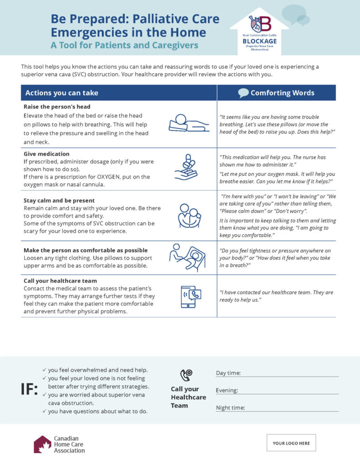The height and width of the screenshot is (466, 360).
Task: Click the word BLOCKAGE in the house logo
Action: [259, 41]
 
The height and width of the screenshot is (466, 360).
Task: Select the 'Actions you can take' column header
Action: [62, 93]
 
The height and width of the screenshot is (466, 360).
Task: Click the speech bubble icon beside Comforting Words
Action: [243, 93]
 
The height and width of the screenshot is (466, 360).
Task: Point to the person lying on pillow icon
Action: [188, 122]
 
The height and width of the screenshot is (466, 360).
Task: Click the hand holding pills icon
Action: [187, 167]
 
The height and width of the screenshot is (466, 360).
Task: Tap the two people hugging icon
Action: [188, 215]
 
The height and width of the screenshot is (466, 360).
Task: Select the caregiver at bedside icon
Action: [188, 258]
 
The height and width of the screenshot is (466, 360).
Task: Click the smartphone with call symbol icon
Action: [190, 296]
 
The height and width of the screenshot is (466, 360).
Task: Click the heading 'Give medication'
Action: [47, 154]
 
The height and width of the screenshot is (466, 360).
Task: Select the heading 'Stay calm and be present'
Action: [59, 200]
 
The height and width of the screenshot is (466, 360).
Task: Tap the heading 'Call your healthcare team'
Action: [60, 281]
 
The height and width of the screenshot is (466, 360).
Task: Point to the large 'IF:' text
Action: [29, 390]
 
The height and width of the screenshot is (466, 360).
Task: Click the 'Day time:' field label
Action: [228, 373]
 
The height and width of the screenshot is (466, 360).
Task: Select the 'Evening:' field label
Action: [227, 390]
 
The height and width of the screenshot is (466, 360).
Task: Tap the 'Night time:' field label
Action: [230, 408]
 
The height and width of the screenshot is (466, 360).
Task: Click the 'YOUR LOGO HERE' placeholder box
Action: [291, 443]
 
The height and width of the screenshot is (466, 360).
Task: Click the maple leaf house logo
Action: [42, 444]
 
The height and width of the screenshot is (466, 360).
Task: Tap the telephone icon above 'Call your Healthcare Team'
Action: [186, 375]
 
